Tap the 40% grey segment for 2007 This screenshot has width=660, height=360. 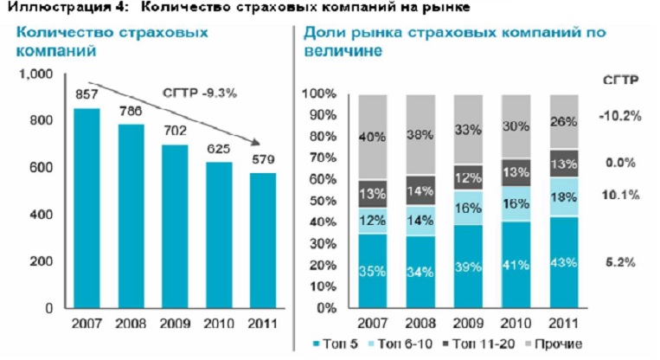[x=368, y=136]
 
